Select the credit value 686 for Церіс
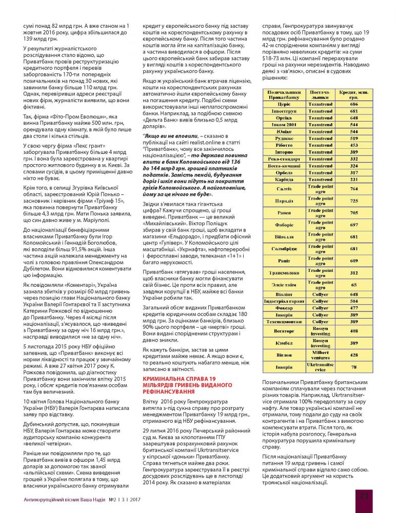(354, 104)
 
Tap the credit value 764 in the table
(354, 189)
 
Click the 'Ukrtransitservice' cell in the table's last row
(321, 367)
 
